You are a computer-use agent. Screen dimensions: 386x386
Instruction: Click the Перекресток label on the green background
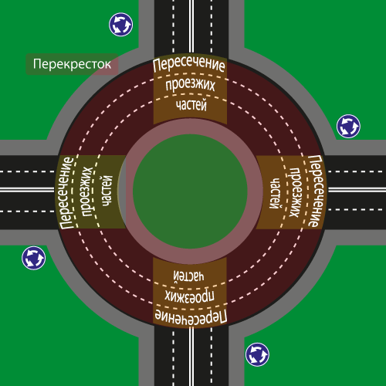pos(72,64)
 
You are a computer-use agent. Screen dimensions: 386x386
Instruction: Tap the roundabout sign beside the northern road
pos(121,25)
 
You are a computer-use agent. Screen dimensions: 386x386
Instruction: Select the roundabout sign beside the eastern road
pos(348,126)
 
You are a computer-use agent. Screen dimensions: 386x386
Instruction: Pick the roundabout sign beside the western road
pos(34,258)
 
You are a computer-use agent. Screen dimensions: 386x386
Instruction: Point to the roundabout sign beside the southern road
pos(257,354)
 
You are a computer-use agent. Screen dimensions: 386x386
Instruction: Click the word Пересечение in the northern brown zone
pos(189,64)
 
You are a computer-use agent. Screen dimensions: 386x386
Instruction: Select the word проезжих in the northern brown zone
pos(190,85)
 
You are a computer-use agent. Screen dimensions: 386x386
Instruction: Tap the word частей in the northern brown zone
pos(191,105)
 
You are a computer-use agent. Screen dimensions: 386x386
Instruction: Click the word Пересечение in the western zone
pos(66,192)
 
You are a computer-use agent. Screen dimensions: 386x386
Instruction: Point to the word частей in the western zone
pos(107,191)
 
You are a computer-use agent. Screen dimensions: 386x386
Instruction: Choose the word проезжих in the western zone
pos(87,191)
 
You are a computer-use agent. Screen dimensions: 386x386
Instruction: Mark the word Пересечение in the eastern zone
pos(316,191)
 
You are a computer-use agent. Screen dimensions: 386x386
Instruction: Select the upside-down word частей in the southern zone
pos(189,276)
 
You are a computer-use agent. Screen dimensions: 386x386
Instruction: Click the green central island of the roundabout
pos(190,191)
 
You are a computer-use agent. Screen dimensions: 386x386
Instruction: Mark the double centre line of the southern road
pos(191,357)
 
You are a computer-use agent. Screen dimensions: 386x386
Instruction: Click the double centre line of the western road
pos(27,190)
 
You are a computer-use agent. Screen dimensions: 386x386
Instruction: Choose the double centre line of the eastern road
pos(357,190)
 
